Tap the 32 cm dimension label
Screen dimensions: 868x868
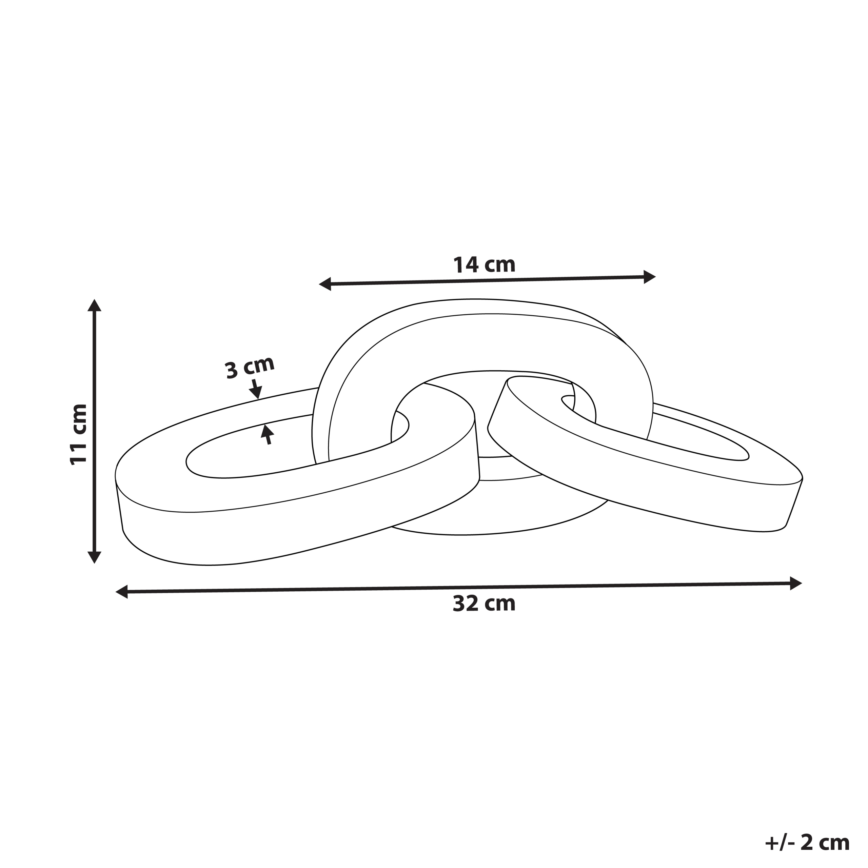coord(484,604)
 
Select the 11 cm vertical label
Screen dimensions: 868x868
coord(78,434)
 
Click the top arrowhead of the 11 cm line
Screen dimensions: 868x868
coord(94,305)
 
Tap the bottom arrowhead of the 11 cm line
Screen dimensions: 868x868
coord(94,557)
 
